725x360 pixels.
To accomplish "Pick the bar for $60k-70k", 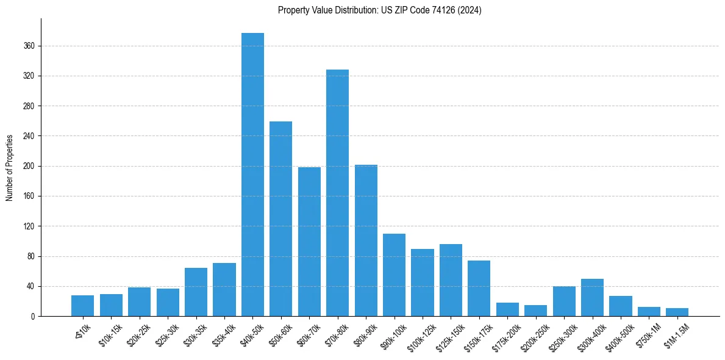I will point(309,242).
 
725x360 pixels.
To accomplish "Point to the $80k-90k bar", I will point(366,240).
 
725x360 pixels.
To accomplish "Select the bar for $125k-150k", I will point(451,280).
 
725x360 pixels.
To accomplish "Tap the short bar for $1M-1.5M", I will point(677,312).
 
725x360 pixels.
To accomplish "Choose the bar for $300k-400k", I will point(592,298).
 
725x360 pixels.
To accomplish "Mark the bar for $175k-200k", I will point(507,309).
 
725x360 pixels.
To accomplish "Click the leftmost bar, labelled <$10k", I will point(82,306).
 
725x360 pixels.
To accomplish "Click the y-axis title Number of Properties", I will point(9,168).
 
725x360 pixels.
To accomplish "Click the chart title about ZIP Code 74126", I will point(379,10).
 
